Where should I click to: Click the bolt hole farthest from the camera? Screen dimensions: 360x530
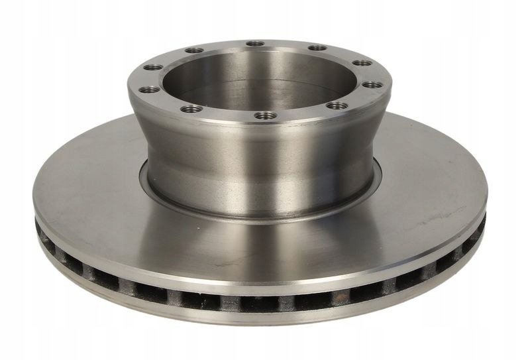[255, 44]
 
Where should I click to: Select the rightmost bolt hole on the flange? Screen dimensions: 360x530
[373, 85]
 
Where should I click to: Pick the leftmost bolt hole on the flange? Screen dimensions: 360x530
[150, 88]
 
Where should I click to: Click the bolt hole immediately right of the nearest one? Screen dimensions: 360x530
[337, 105]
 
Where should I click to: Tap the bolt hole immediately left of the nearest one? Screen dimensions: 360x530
[192, 108]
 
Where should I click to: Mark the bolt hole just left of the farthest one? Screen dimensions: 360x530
[194, 50]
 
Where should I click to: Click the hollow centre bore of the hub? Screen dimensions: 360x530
[258, 80]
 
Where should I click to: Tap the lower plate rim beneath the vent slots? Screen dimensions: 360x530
[265, 318]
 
